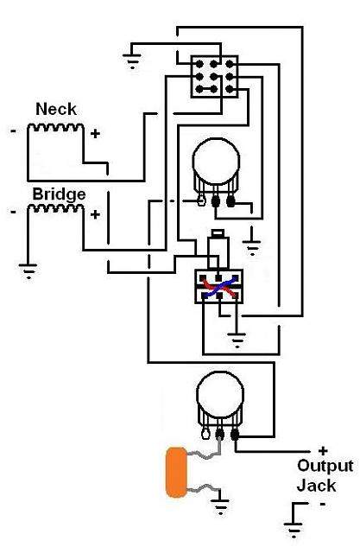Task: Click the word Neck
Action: click(56, 109)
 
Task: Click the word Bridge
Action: click(59, 194)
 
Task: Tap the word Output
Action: click(325, 466)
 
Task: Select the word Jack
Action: click(316, 486)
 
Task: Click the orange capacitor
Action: click(176, 473)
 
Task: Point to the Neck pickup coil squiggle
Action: click(55, 127)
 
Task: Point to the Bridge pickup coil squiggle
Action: click(55, 208)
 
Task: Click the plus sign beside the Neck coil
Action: click(95, 134)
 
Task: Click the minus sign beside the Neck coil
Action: click(14, 131)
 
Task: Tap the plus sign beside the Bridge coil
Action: click(95, 214)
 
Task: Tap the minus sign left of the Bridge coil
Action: click(14, 212)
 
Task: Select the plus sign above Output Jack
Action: click(323, 451)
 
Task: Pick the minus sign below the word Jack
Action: click(322, 505)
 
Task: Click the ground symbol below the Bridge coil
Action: click(28, 270)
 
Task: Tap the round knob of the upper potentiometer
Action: click(216, 162)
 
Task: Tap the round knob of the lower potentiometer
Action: click(220, 395)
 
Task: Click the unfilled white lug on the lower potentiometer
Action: click(205, 434)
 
